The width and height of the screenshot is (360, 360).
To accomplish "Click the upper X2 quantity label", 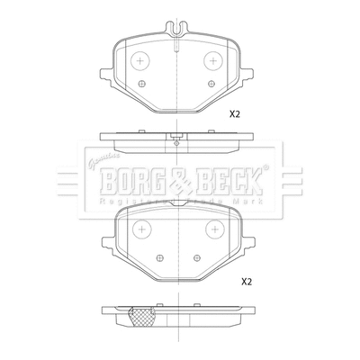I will click(x=236, y=114).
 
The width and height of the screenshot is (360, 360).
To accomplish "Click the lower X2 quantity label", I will click(x=247, y=281).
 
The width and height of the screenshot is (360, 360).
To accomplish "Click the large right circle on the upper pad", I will click(x=214, y=61).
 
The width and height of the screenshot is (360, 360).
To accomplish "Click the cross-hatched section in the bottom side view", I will click(x=140, y=316).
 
